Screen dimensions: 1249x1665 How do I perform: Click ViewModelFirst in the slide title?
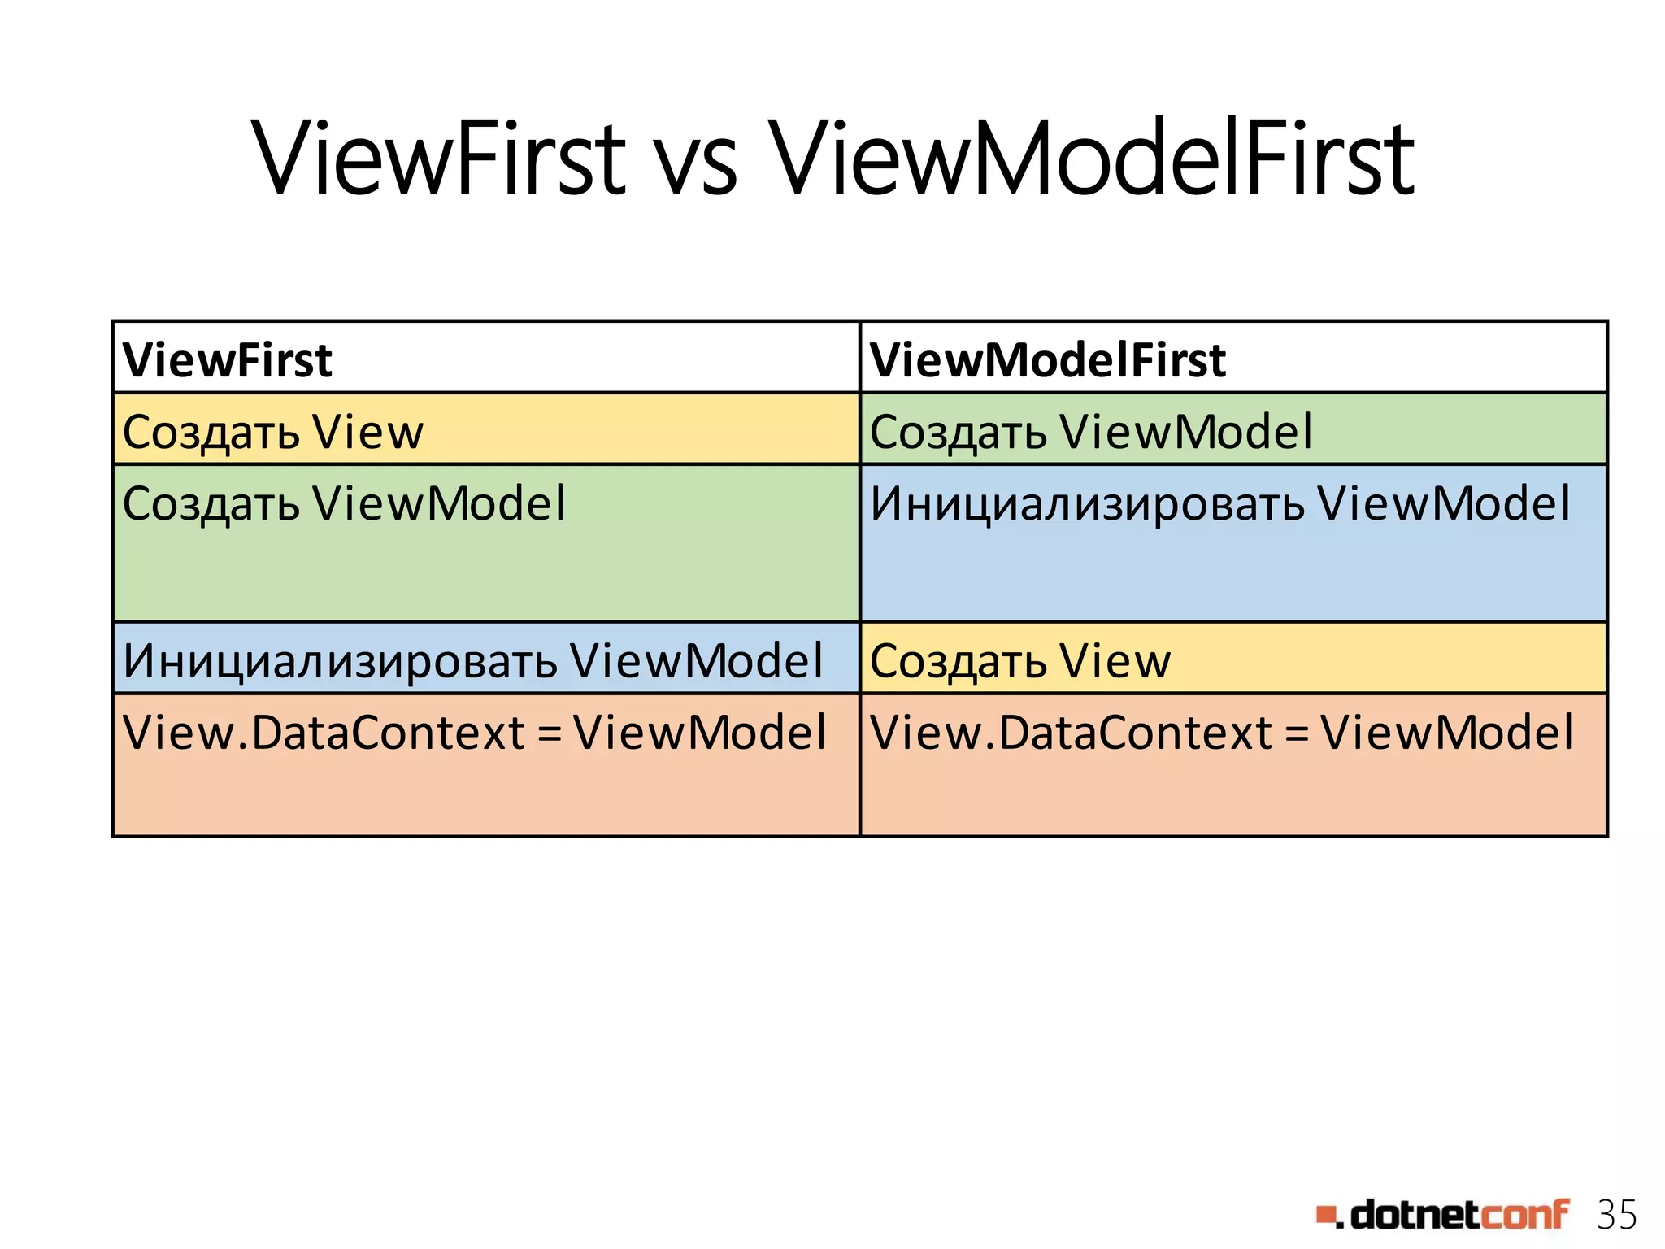click(x=1091, y=159)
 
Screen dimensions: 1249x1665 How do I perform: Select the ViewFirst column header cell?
click(x=485, y=359)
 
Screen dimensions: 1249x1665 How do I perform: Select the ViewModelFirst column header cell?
click(x=1232, y=359)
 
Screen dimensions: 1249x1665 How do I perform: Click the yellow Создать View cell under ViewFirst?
click(x=485, y=430)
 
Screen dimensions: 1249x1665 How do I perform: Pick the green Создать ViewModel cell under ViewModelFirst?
click(x=1232, y=430)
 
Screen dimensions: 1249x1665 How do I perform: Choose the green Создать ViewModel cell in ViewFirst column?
click(x=485, y=542)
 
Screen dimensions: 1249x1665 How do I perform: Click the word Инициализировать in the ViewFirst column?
click(x=340, y=662)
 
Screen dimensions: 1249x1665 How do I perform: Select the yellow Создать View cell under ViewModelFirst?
click(x=1232, y=659)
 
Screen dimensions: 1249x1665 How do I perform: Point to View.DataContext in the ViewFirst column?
click(x=324, y=733)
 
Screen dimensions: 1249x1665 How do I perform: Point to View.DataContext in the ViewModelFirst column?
click(x=1071, y=733)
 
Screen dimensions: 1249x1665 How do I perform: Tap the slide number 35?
click(x=1616, y=1216)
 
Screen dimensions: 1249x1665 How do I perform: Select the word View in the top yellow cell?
click(x=368, y=432)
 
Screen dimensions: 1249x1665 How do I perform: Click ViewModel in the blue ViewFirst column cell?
click(x=696, y=661)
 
